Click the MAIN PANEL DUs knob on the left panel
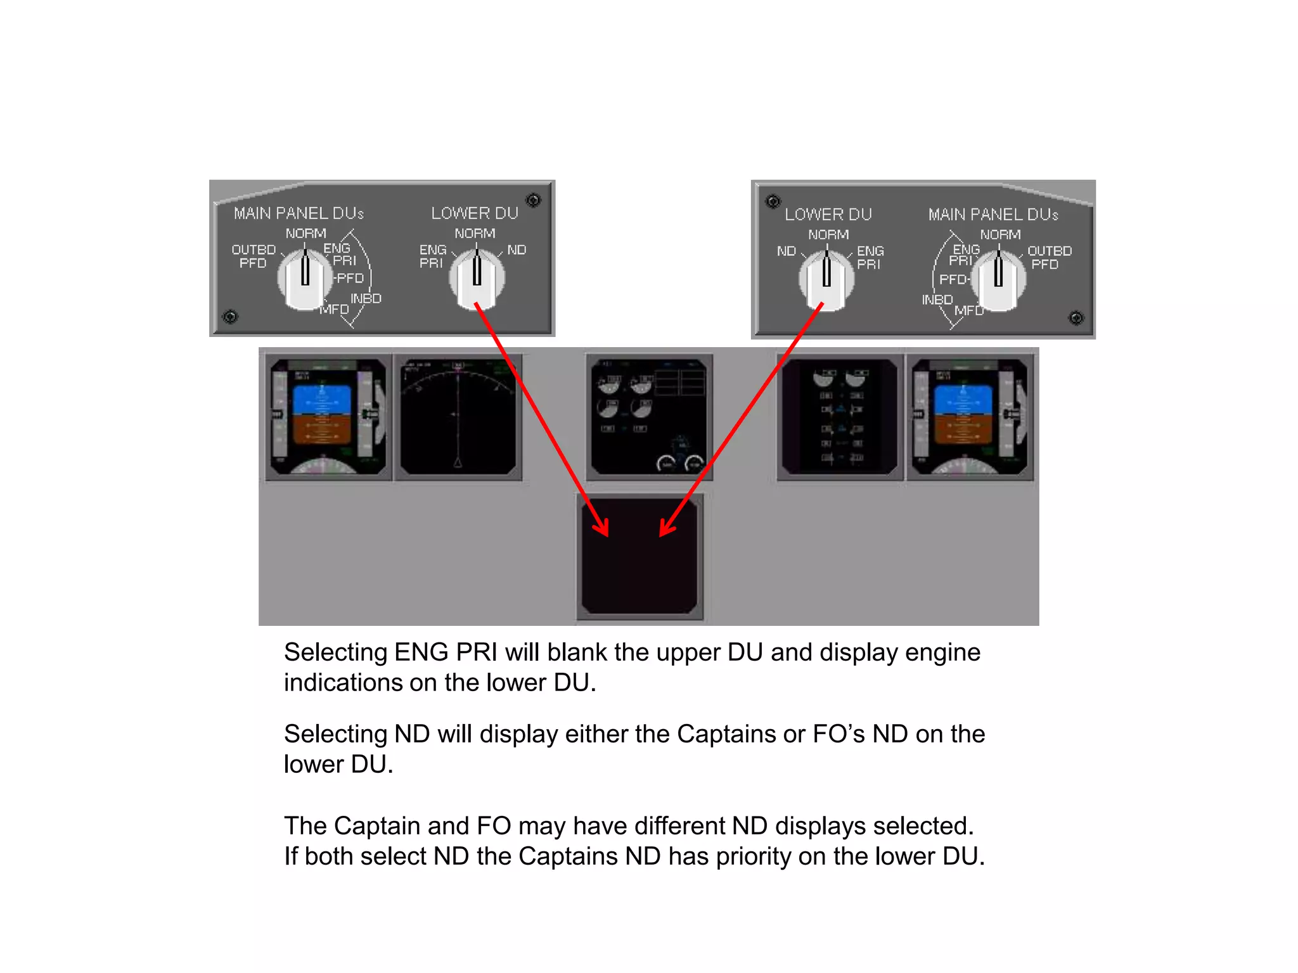click(x=305, y=279)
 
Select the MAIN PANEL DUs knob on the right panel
click(x=998, y=279)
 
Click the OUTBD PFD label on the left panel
click(x=253, y=257)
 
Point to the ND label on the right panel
click(x=786, y=251)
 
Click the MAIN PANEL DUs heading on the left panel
click(x=299, y=213)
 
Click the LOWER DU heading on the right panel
click(x=828, y=215)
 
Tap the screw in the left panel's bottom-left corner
click(x=231, y=317)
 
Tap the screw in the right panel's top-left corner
click(x=773, y=202)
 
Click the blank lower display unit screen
click(x=639, y=556)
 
